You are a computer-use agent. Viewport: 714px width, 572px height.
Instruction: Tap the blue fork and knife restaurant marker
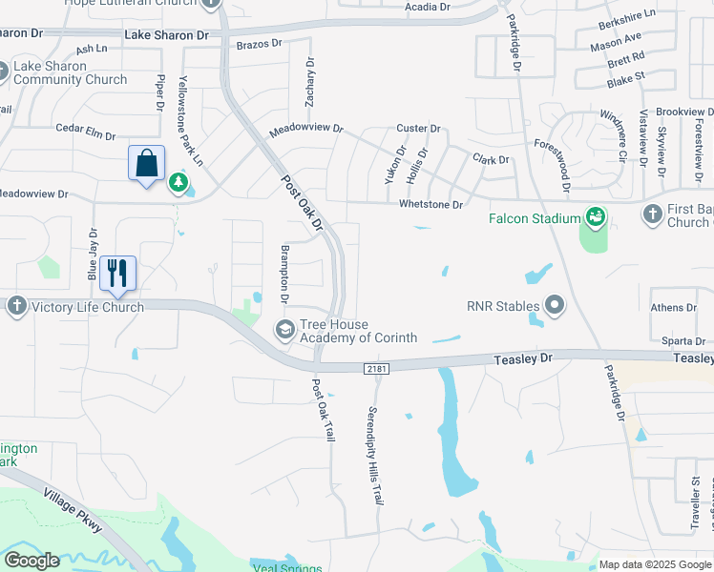[117, 273]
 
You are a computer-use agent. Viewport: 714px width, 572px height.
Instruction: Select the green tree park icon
[178, 182]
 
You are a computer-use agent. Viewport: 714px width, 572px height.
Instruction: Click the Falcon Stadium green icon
[596, 218]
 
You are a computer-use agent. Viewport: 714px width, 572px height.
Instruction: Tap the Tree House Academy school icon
[284, 330]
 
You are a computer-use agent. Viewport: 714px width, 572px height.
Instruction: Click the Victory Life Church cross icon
[17, 307]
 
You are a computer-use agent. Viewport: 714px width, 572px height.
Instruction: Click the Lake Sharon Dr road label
[166, 35]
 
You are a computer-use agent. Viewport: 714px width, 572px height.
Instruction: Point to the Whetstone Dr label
[430, 205]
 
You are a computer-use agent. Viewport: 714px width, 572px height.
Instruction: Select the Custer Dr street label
[418, 129]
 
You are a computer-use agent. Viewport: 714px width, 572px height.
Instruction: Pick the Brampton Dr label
[284, 272]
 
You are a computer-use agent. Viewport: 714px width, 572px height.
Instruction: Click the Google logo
[31, 561]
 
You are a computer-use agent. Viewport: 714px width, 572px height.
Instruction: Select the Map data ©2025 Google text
[655, 564]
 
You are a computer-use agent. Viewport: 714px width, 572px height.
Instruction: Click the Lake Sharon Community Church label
[71, 73]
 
